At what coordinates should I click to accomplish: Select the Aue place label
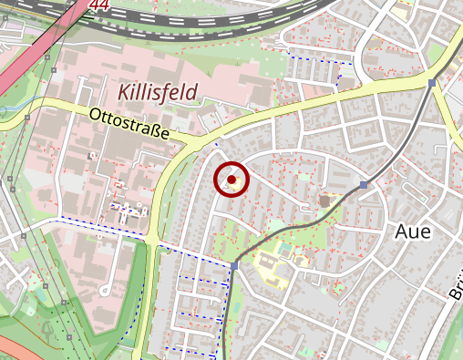tap(412, 231)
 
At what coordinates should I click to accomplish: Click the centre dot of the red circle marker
tap(231, 180)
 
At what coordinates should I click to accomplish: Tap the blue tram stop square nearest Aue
tap(364, 185)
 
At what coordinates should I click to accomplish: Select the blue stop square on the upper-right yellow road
tap(431, 83)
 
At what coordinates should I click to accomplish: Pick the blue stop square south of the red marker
tap(234, 265)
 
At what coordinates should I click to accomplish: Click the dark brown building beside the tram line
tap(324, 200)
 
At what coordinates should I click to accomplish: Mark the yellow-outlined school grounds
tap(272, 268)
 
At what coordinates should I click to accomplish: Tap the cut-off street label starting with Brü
tap(455, 287)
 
